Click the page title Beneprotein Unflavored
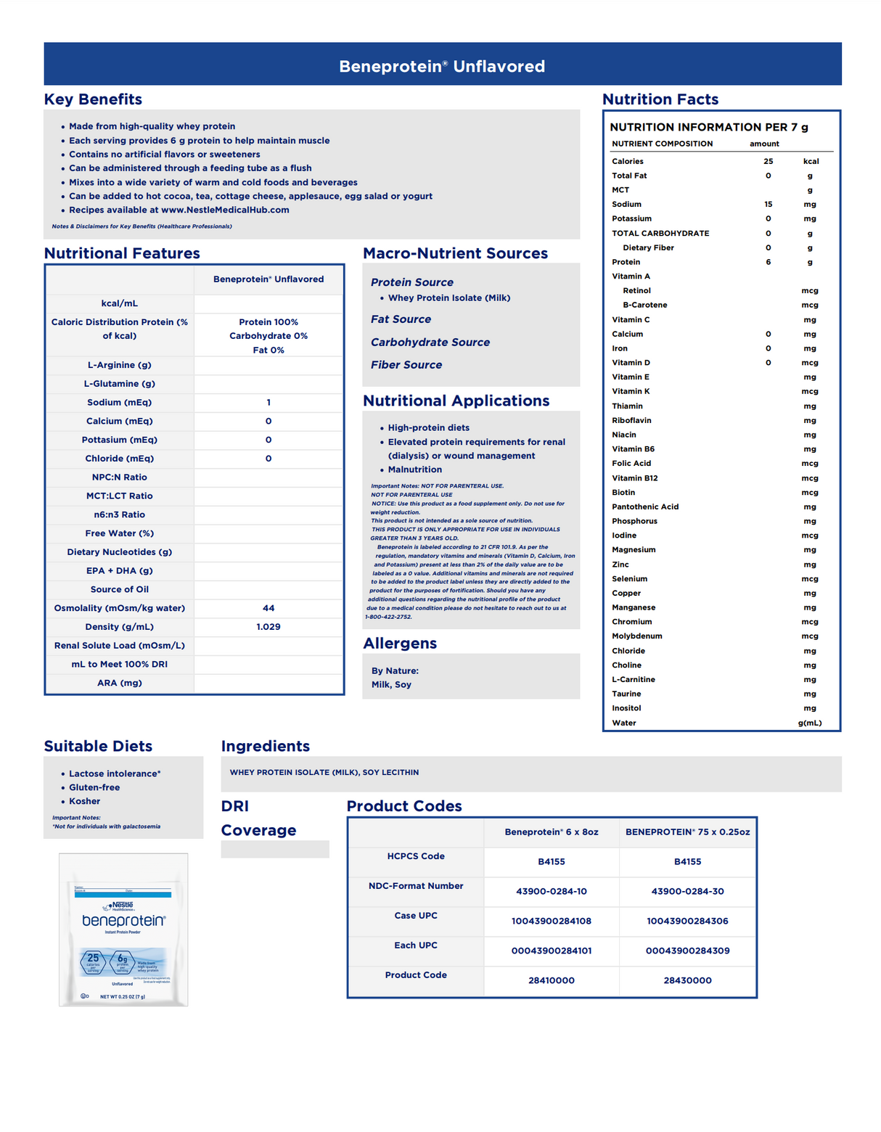pos(441,66)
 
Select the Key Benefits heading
pos(93,99)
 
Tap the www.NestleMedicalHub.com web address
pos(225,210)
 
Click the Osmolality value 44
pos(269,608)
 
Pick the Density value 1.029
pos(269,627)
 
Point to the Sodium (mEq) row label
pos(119,402)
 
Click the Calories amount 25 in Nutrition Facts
pos(768,161)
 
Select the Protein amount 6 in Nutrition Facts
pos(768,262)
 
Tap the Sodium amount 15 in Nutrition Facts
pos(768,205)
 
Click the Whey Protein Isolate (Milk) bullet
pos(448,298)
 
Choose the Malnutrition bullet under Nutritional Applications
pos(414,469)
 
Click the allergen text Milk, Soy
pos(391,684)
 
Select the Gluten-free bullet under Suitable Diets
pos(94,787)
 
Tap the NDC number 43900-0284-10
pos(552,891)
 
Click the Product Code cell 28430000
pos(687,980)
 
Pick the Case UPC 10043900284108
pos(552,921)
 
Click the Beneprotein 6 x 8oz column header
pos(552,832)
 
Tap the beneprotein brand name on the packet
pos(123,920)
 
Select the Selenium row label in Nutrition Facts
pos(629,579)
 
